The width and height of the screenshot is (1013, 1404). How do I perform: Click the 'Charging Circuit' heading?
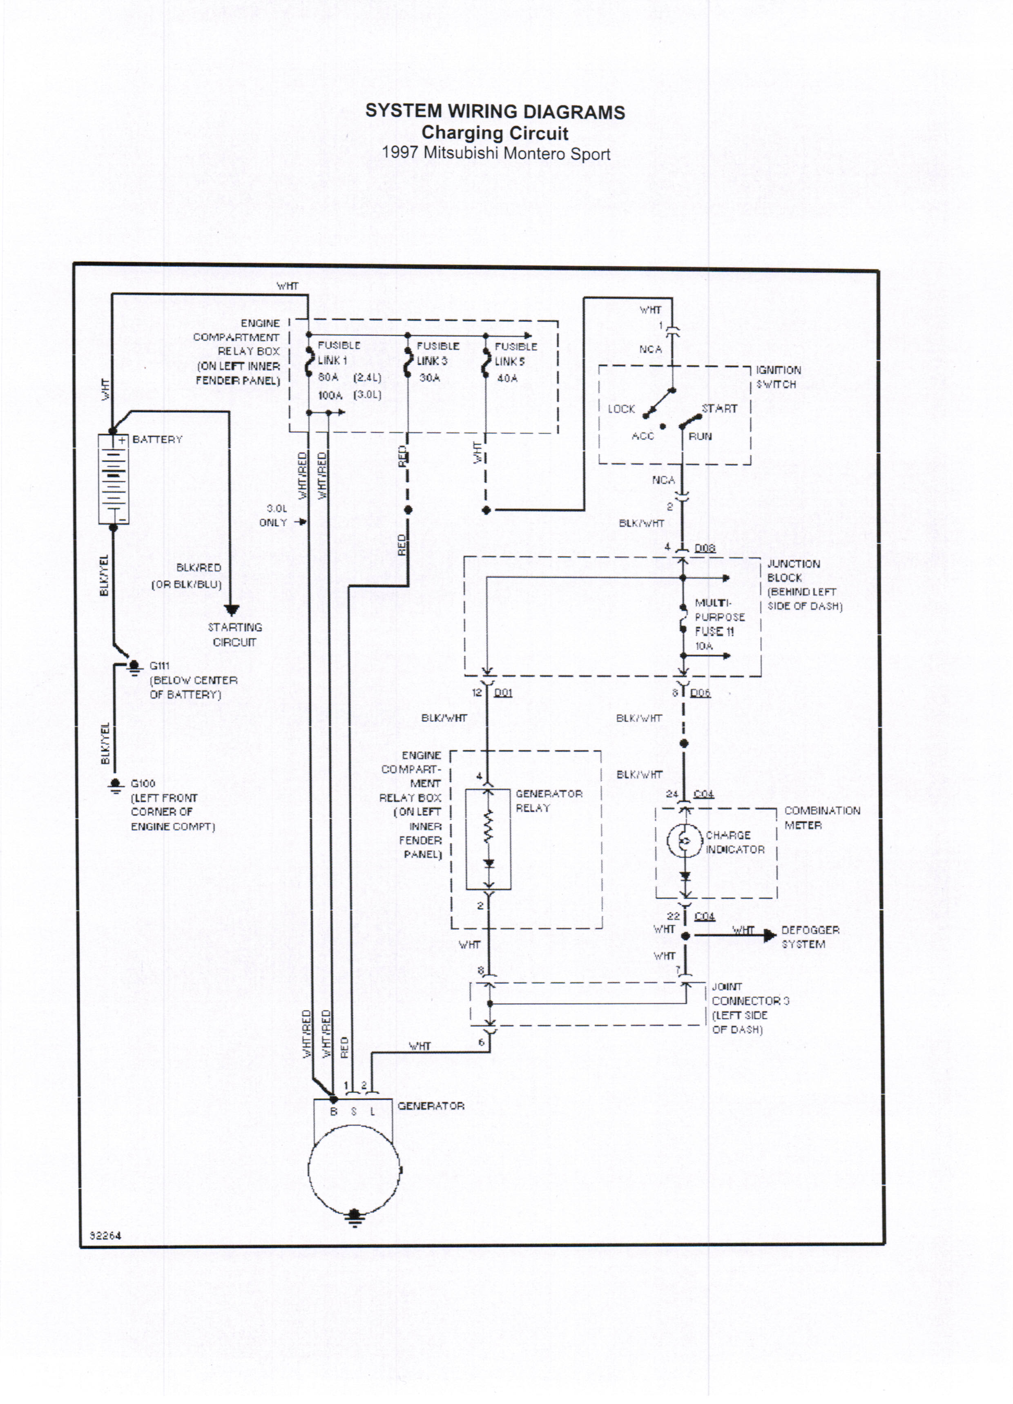(x=495, y=133)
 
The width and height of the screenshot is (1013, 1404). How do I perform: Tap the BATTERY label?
(x=157, y=440)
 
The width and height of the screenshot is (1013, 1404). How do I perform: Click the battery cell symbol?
(x=113, y=479)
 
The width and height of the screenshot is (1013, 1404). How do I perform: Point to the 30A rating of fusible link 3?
(x=429, y=377)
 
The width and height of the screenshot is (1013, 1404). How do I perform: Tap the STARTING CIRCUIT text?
(x=235, y=634)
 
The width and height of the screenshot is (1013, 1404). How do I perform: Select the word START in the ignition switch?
(x=719, y=408)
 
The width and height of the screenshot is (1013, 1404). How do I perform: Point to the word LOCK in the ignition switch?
(x=621, y=409)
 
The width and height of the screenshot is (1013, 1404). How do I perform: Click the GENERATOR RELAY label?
(x=549, y=800)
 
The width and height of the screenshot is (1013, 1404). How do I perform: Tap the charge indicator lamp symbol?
(x=684, y=841)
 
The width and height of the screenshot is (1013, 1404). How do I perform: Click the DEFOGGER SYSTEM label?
(x=810, y=937)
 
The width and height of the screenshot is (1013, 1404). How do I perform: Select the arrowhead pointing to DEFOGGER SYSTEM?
(x=770, y=935)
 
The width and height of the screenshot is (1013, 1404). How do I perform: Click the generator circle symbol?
(x=354, y=1170)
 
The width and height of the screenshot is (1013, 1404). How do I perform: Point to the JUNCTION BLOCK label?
(x=793, y=571)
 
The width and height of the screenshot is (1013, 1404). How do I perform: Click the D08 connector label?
(x=705, y=548)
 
